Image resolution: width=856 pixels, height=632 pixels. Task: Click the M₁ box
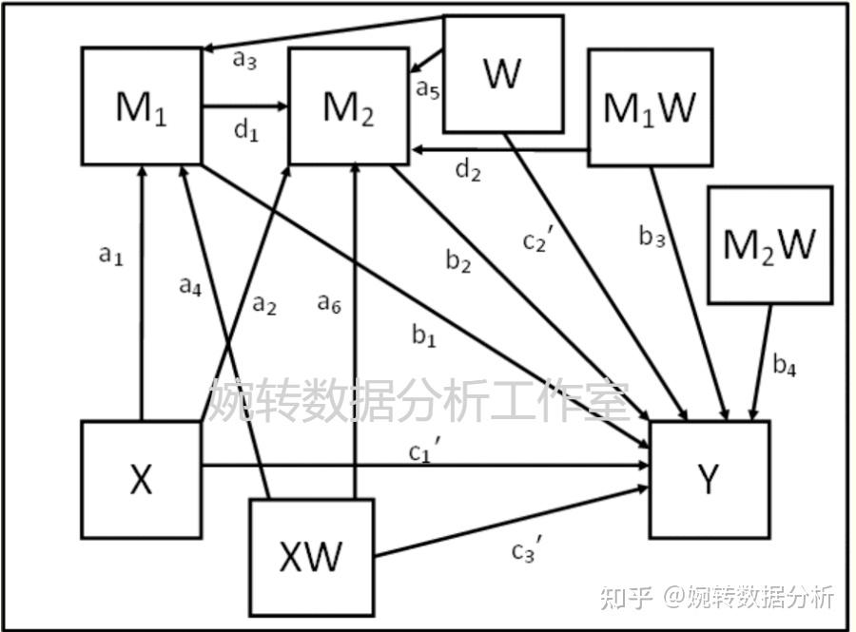pyautogui.click(x=141, y=106)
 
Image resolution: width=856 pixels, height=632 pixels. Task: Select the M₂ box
pyautogui.click(x=348, y=106)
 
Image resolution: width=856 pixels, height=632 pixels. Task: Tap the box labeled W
pyautogui.click(x=503, y=73)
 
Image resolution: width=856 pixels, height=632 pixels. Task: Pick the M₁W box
pyautogui.click(x=651, y=107)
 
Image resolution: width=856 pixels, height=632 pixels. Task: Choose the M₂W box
pyautogui.click(x=769, y=245)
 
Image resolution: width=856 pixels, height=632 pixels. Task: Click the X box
pyautogui.click(x=141, y=480)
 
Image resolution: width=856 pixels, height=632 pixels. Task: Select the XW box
pyautogui.click(x=311, y=555)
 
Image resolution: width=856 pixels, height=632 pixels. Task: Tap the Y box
pyautogui.click(x=709, y=479)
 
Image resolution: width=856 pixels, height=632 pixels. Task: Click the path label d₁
pyautogui.click(x=246, y=131)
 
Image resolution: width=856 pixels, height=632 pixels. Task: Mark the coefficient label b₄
pyautogui.click(x=784, y=364)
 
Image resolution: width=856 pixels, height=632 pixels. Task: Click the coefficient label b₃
pyautogui.click(x=652, y=238)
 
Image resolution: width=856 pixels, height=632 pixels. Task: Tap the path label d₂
pyautogui.click(x=468, y=171)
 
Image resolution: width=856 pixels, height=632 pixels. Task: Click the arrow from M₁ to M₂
pyautogui.click(x=244, y=106)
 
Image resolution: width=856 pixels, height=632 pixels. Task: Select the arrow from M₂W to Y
pyautogui.click(x=761, y=362)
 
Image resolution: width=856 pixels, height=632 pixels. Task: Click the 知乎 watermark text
pyautogui.click(x=629, y=597)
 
